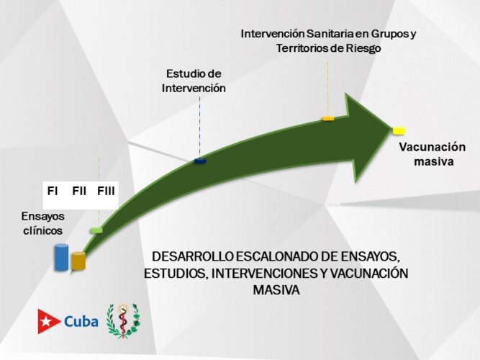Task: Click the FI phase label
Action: pos(53,191)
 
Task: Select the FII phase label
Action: pos(79,191)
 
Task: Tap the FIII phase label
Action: pos(106,191)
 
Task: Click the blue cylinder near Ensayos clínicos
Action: pos(62,257)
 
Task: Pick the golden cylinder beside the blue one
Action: pos(78,261)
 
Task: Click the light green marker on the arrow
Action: pos(96,230)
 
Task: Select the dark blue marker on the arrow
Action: pos(200,161)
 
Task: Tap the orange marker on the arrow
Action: pos(327,117)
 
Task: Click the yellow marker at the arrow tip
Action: pos(398,130)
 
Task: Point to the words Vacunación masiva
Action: pos(433,154)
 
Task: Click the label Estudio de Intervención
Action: pos(194,81)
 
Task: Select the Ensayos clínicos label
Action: pos(42,222)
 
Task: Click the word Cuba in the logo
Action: pos(81,321)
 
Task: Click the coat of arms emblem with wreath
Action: pos(123,320)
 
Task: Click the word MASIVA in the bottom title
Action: pos(276,291)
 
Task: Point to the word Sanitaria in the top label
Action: pos(330,34)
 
